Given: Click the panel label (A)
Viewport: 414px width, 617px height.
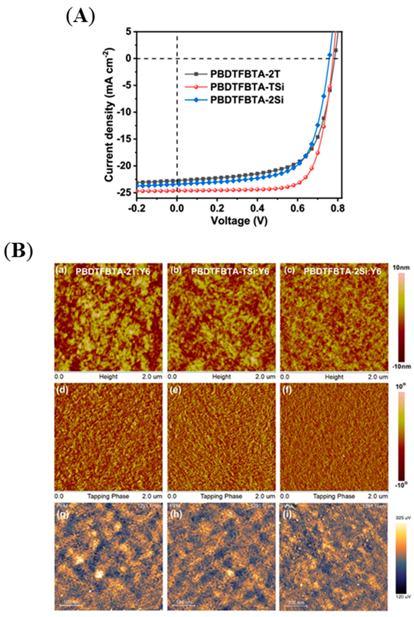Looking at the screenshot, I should pos(80,17).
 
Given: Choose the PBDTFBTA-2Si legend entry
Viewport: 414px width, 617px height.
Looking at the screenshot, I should pos(247,100).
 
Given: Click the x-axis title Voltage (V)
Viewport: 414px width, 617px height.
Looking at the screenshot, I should pos(239,221).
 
